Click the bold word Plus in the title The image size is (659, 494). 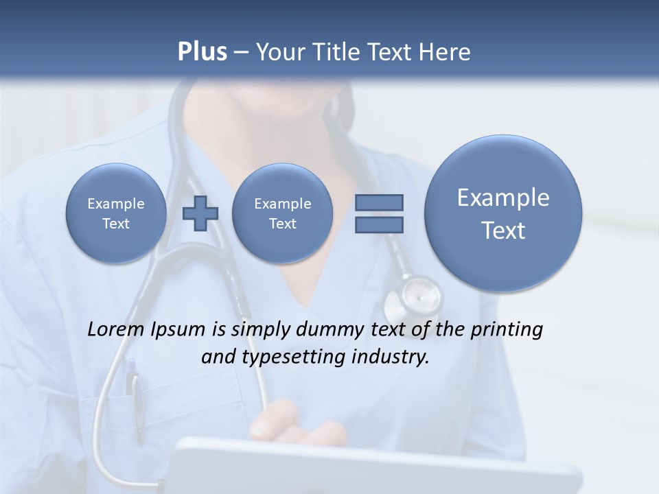pos(202,52)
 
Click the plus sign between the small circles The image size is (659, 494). pos(200,213)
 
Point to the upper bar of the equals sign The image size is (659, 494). pos(379,202)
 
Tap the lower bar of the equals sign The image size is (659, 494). pos(379,224)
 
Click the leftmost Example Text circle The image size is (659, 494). pos(116,213)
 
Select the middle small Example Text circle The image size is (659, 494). pos(282,213)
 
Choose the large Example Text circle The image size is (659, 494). pos(503,213)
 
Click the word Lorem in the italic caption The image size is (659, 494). pos(117,329)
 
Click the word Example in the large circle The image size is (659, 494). pos(503,198)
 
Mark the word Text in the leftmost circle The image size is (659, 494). pos(116,224)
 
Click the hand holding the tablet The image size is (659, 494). pos(302,422)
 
